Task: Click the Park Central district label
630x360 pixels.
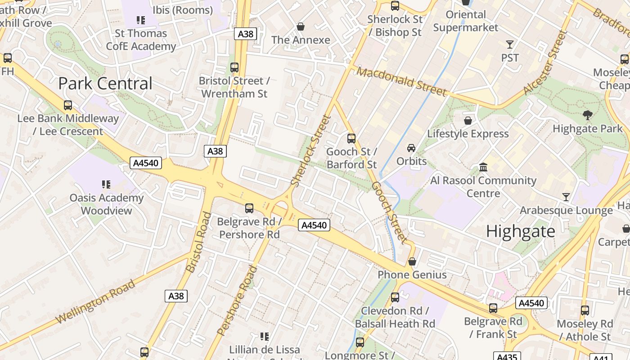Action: (105, 84)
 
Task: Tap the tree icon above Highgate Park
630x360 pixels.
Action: (587, 115)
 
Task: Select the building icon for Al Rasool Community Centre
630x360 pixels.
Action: (483, 167)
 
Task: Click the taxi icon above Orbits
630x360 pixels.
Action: (411, 148)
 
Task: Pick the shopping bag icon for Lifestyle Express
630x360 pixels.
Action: (468, 120)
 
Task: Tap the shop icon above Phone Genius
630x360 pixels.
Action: (412, 261)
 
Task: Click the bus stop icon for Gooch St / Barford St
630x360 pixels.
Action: (351, 138)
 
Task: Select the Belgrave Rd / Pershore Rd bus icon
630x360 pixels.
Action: (249, 208)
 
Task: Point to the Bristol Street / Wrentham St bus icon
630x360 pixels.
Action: (234, 67)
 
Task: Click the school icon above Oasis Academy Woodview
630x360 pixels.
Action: (106, 184)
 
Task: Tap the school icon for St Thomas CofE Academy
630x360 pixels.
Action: (141, 20)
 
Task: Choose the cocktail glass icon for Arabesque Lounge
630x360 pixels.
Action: (566, 197)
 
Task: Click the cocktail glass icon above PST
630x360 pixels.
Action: (510, 44)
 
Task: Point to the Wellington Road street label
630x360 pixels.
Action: (95, 301)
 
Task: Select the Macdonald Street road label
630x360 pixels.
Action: (402, 81)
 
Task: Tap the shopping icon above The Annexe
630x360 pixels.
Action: (301, 27)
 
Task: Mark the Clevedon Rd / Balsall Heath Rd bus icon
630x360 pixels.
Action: (395, 297)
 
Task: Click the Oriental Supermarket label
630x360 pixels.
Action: (466, 21)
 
